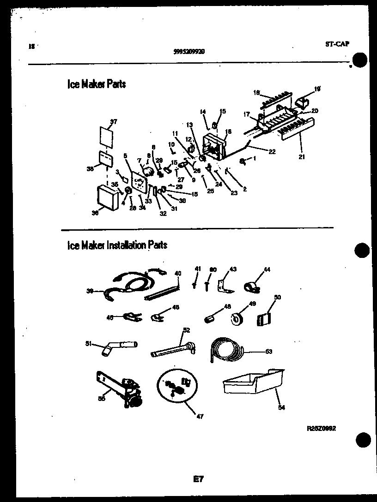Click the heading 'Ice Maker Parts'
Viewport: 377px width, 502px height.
coord(96,84)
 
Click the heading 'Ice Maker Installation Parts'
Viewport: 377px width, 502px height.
coord(117,245)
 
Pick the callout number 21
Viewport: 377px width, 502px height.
coord(302,156)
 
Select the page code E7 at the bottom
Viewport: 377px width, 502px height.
coord(198,480)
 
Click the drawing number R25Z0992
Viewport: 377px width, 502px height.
coord(321,428)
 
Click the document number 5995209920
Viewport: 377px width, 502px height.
coord(188,52)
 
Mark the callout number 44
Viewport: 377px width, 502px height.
coord(267,269)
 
